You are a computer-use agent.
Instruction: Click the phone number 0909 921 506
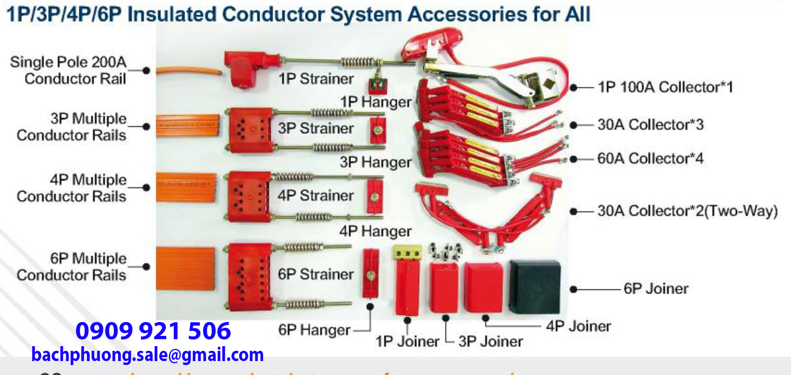click(153, 331)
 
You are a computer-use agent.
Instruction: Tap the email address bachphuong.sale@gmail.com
click(147, 355)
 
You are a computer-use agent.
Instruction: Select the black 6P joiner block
click(535, 287)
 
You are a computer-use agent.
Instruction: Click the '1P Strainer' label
click(316, 79)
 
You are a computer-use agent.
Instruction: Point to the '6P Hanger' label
click(314, 330)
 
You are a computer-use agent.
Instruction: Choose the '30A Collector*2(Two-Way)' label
click(687, 211)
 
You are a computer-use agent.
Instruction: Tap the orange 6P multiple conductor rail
click(185, 269)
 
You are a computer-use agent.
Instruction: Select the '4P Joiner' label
click(578, 326)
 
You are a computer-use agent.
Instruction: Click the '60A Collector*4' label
click(650, 158)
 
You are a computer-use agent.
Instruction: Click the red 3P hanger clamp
click(378, 130)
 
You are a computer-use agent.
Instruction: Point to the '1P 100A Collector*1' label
click(665, 87)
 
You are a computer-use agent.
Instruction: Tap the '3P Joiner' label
click(490, 342)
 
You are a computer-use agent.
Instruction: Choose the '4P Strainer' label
click(316, 196)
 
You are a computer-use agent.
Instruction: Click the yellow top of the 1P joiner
click(407, 253)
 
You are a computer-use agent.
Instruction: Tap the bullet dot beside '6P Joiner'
click(573, 289)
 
